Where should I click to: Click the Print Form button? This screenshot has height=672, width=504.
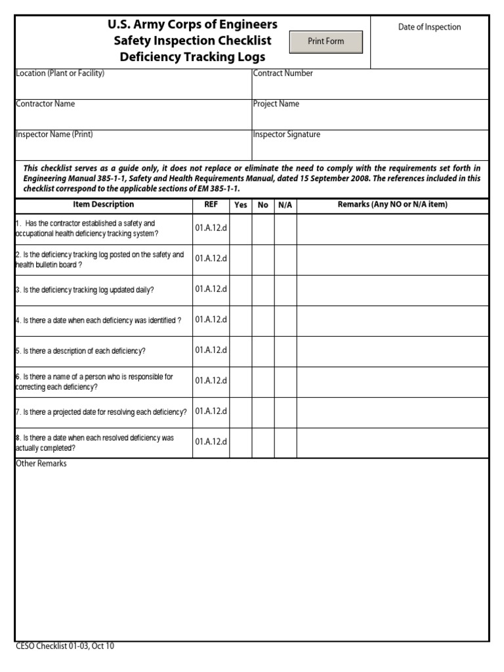click(326, 41)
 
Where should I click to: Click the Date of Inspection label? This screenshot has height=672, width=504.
click(429, 27)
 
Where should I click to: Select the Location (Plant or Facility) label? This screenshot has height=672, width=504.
click(60, 73)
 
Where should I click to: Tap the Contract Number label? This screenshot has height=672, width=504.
click(283, 73)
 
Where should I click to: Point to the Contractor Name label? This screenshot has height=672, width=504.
click(45, 104)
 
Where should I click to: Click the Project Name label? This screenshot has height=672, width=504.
click(276, 104)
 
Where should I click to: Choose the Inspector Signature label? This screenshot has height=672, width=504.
click(286, 135)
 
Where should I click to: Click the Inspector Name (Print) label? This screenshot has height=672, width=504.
click(54, 135)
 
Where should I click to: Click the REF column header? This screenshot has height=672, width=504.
click(211, 205)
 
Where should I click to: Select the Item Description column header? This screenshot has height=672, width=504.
click(103, 205)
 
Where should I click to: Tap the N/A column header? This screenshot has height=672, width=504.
click(285, 205)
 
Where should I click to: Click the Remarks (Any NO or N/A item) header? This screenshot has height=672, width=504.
click(392, 205)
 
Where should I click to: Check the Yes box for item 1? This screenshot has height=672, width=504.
click(241, 229)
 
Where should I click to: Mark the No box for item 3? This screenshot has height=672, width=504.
click(263, 290)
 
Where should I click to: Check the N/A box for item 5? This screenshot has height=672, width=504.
click(285, 351)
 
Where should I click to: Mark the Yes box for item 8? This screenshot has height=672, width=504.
click(241, 443)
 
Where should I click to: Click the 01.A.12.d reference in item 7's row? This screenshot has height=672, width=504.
click(211, 411)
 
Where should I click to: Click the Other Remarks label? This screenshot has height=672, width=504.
click(41, 464)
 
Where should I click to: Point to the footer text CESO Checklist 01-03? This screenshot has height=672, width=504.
click(64, 646)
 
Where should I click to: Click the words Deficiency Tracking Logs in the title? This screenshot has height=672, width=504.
click(192, 57)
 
